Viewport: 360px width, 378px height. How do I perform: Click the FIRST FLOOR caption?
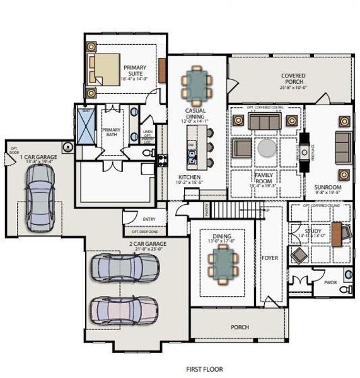[x=204, y=369]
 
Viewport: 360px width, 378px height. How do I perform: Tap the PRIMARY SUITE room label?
[x=135, y=72]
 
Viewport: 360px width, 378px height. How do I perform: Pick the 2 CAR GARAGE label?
[x=147, y=244]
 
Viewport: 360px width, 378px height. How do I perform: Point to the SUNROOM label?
[x=328, y=188]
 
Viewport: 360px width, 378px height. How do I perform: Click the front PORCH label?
[x=240, y=327]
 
